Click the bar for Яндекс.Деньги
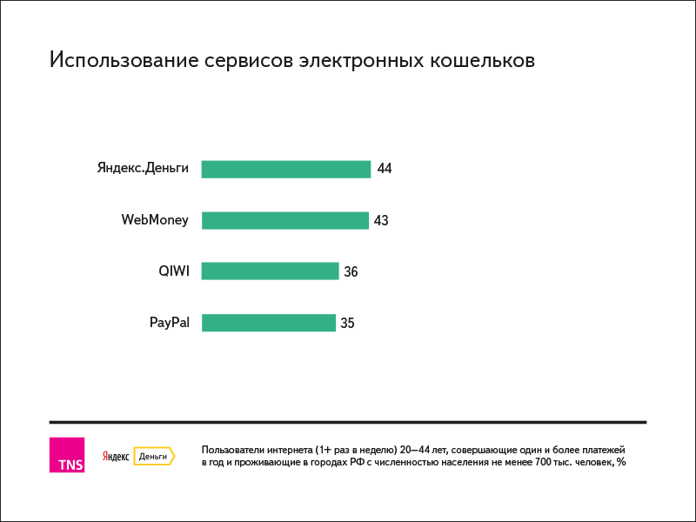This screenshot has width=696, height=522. (x=285, y=169)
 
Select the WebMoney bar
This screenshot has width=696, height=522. (x=284, y=220)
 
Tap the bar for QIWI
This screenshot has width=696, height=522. (x=270, y=271)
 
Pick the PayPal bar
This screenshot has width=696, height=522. (x=268, y=323)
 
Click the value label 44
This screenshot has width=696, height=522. (x=385, y=169)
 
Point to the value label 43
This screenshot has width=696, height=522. (x=381, y=221)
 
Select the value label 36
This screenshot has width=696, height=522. (x=351, y=272)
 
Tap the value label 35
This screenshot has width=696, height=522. (x=347, y=324)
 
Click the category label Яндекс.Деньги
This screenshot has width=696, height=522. (x=143, y=169)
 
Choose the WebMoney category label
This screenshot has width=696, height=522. (x=155, y=220)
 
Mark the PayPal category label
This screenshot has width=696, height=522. (x=169, y=323)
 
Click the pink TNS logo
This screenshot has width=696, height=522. (x=67, y=455)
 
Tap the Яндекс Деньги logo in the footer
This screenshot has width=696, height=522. (x=138, y=456)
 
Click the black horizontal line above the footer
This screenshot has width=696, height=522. (x=348, y=423)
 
